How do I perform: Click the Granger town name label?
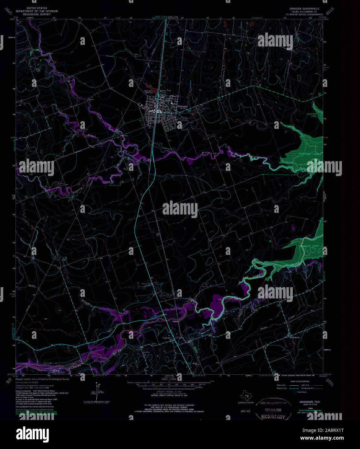coord(182,106)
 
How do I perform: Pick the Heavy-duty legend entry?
coord(281,385)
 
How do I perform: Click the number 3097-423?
coord(246,411)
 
